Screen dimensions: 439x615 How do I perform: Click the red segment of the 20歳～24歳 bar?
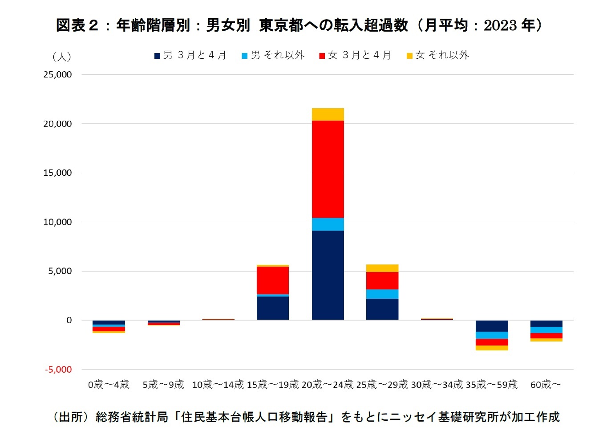coord(328,169)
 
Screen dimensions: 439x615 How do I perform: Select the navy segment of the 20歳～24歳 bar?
coord(328,275)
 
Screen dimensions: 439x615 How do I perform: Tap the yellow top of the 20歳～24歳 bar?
coord(328,114)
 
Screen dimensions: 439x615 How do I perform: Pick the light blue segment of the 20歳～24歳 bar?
coord(328,224)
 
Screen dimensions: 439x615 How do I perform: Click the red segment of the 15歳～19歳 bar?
coord(272,280)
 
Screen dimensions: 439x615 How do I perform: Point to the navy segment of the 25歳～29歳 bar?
coord(382,309)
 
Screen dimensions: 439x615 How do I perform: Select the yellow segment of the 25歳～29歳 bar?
coord(382,268)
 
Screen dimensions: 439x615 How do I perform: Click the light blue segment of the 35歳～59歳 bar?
coord(491,335)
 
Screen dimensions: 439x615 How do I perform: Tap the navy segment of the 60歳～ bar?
coord(546,324)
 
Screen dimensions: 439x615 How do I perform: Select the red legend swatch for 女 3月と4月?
coord(322,56)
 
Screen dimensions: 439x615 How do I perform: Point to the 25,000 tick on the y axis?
coord(57,75)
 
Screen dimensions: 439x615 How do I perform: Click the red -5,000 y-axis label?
coord(58,370)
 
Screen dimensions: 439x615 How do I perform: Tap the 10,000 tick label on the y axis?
coord(57,222)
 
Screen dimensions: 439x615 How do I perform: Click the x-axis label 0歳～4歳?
coord(109,385)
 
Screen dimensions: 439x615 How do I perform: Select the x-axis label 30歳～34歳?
coord(437,385)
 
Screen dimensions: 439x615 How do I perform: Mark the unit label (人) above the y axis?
coord(61,57)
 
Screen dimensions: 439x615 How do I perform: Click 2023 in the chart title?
coord(500,25)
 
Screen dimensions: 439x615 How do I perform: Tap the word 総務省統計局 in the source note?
coord(132,417)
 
